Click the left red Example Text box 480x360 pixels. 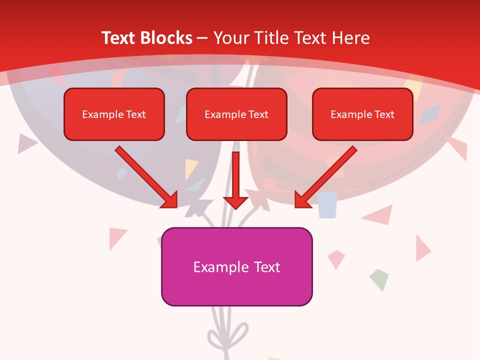[x=114, y=114]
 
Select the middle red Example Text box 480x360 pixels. [x=236, y=114]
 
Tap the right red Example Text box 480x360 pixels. [x=362, y=114]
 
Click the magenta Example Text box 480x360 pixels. [x=236, y=266]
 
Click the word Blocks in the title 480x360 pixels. [x=167, y=38]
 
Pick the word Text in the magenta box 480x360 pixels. [x=267, y=267]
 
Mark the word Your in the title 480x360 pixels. [x=231, y=38]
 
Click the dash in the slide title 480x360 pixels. [x=202, y=38]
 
